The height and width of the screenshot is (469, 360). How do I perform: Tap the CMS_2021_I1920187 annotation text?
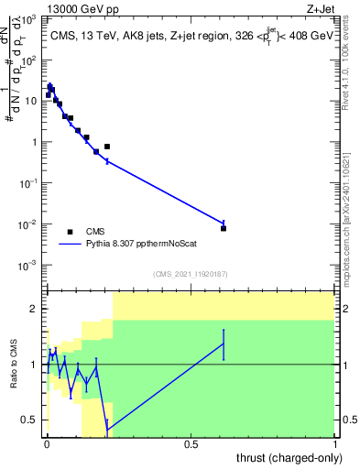190,274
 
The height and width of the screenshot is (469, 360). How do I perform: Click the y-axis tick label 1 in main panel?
35,142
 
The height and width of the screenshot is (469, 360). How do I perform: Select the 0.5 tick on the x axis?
191,445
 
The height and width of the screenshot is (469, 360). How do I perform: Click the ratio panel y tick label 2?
35,309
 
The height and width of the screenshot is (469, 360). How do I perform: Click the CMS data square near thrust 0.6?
224,228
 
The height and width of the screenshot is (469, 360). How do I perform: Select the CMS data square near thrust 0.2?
107,147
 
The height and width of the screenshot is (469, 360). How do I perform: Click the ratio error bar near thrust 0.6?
224,344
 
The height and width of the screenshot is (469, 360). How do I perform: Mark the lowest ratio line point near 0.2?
107,431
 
